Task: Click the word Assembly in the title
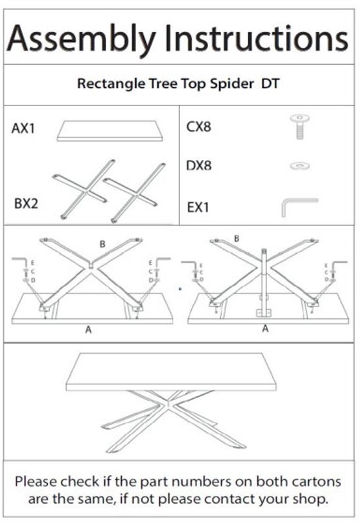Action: coord(81,39)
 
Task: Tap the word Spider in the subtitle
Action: coord(232,84)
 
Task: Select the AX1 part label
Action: coord(24,128)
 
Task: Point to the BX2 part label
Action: coord(26,203)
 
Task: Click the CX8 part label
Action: coord(198,127)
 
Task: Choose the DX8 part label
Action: coord(198,166)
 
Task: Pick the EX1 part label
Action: coord(198,207)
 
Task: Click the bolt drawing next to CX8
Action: coord(300,126)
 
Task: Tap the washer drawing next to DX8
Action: coord(300,165)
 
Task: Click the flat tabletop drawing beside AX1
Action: coord(110,131)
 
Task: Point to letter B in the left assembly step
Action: coord(103,244)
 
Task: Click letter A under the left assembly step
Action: coord(88,329)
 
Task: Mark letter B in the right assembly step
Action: coord(236,238)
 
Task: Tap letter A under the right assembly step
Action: coord(265,329)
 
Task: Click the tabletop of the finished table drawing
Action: coord(171,371)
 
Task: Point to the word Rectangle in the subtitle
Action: coord(111,84)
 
